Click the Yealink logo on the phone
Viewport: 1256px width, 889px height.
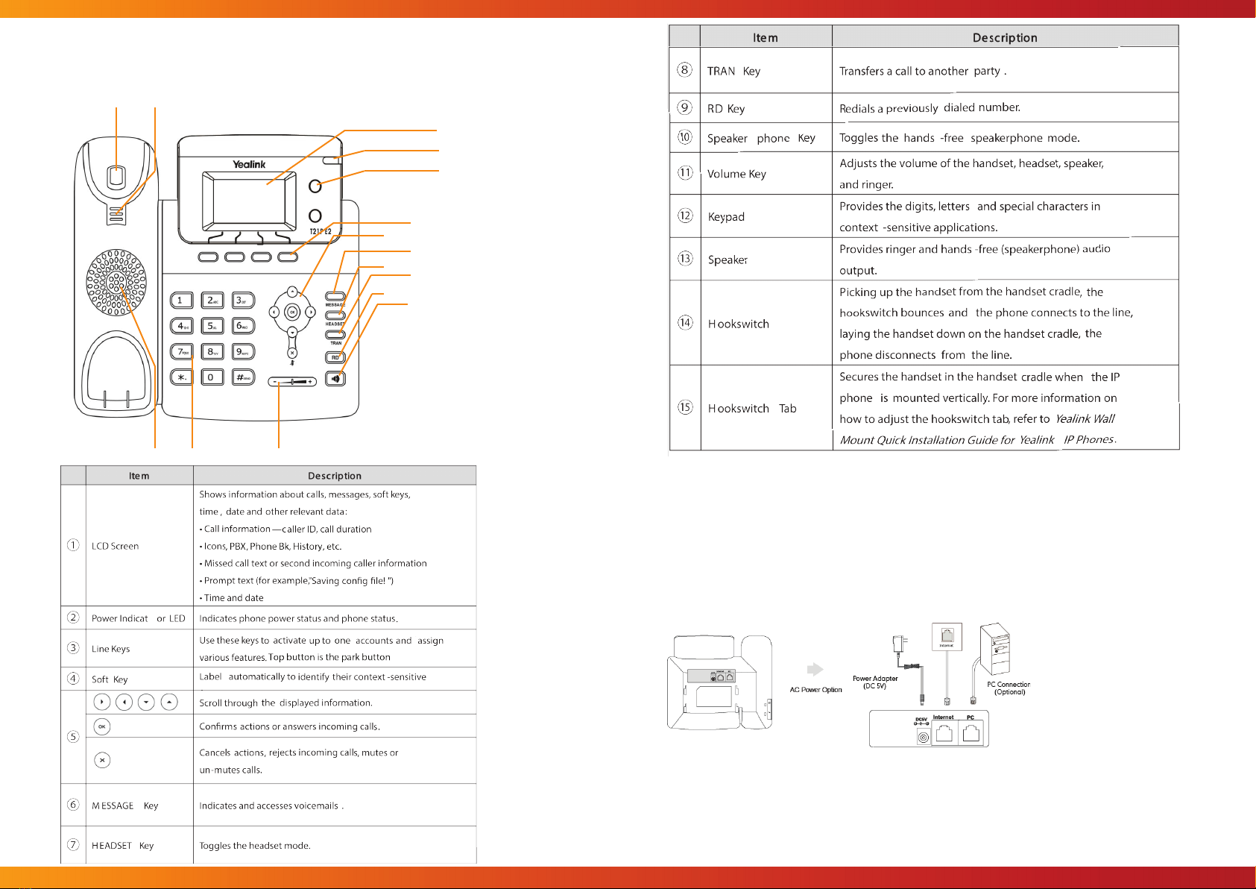point(249,164)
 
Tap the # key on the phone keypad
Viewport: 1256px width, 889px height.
point(243,377)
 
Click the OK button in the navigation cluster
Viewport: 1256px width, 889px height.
point(292,312)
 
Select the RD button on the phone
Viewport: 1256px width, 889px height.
point(335,357)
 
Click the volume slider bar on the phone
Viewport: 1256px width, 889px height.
point(292,381)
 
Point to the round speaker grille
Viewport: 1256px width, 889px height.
point(116,283)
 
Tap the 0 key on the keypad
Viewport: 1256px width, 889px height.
point(212,377)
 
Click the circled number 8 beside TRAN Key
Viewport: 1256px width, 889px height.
point(684,70)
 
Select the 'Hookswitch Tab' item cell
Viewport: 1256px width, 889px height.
point(752,408)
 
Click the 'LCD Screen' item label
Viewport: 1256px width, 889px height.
point(116,546)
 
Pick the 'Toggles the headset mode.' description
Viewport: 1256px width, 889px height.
point(255,846)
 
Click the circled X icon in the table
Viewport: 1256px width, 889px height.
point(102,760)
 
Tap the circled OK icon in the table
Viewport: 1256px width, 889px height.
point(102,726)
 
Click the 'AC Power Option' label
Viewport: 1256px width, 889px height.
point(816,690)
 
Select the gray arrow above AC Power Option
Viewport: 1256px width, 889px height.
point(815,669)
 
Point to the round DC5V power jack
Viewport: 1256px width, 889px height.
point(924,737)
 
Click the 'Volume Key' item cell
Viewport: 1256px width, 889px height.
point(736,174)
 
